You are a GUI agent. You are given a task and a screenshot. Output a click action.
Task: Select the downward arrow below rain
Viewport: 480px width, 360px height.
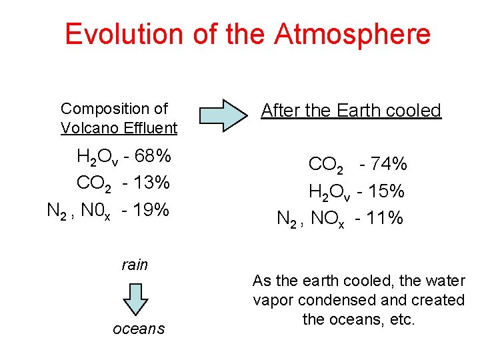pos(135,298)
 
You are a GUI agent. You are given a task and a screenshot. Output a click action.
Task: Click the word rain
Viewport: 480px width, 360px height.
pos(135,265)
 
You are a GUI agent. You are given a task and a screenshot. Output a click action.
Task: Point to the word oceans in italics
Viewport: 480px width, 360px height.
pos(139,329)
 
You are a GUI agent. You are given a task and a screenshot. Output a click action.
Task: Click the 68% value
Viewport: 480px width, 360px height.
pos(153,157)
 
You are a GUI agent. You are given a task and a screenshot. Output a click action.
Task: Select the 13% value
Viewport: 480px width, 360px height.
pos(151,182)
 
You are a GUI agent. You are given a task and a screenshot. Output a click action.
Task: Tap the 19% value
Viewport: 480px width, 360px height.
pos(150,210)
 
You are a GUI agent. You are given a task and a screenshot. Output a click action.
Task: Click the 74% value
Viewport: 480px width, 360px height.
pos(389,164)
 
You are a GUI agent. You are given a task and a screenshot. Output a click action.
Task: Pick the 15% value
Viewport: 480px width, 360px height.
pos(386,191)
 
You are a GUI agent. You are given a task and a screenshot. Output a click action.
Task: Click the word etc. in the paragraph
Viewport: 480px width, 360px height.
pos(402,319)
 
